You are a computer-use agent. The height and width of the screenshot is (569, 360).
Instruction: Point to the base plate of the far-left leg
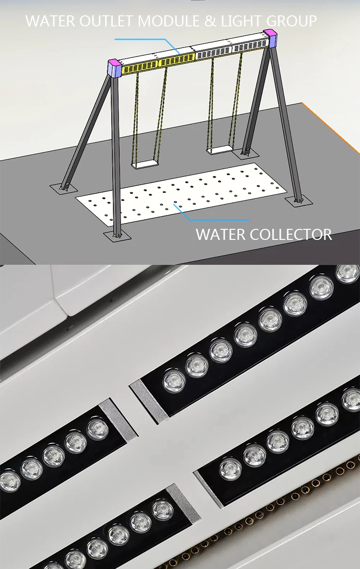click(x=62, y=187)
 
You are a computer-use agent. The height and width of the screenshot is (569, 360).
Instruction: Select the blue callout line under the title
click(x=144, y=39)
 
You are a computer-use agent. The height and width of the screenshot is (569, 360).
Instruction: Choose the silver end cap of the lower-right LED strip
click(x=208, y=488)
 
